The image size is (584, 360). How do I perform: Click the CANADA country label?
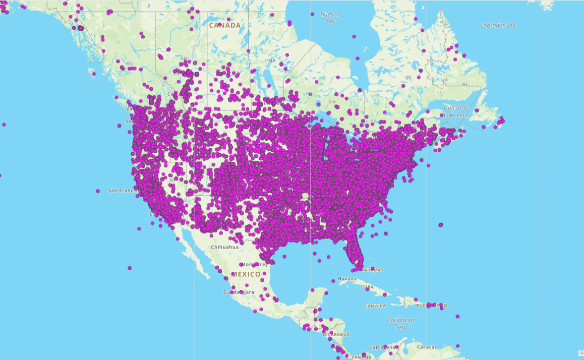(224, 25)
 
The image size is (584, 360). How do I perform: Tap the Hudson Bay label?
(330, 18)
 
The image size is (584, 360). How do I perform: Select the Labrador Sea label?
(498, 25)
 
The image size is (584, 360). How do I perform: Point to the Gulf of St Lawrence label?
(456, 111)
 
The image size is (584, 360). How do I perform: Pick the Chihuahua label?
(224, 247)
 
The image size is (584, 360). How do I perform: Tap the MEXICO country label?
(246, 274)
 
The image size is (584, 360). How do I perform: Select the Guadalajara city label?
(239, 292)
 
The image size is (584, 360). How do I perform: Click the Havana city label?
(347, 279)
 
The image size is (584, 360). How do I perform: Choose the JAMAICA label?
(376, 306)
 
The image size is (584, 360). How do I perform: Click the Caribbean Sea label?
(400, 323)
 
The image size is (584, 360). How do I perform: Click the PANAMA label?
(361, 357)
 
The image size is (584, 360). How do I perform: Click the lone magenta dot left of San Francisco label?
(98, 191)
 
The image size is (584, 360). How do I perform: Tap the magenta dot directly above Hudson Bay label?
(313, 14)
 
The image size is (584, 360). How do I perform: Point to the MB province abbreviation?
(272, 61)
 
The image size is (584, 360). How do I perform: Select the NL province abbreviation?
(464, 84)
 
